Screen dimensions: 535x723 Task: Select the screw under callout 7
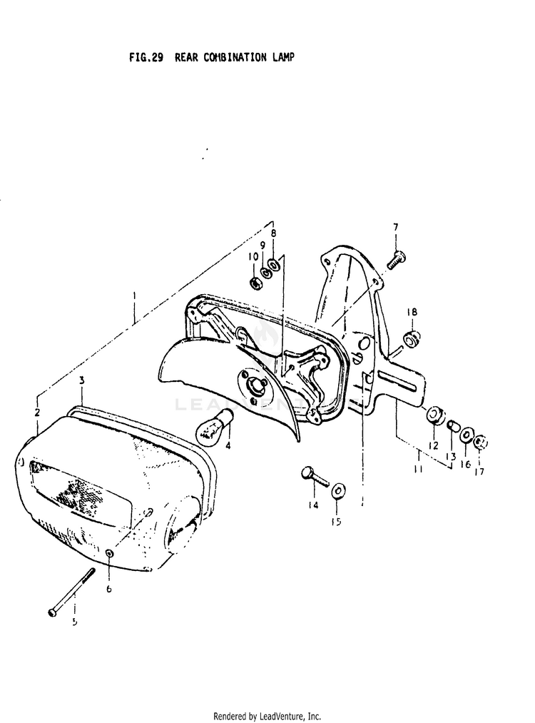[x=397, y=260]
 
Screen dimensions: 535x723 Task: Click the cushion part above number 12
[x=434, y=417]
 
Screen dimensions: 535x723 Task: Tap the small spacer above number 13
[x=452, y=427]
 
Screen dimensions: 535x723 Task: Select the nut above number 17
[x=480, y=442]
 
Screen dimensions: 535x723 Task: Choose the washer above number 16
[x=466, y=435]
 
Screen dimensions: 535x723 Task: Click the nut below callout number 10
[x=255, y=283]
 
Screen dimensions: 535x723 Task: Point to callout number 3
[x=82, y=380]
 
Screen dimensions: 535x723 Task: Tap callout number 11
[x=418, y=470]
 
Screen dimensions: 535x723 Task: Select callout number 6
[x=108, y=590]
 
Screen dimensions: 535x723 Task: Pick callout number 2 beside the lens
[x=36, y=413]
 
